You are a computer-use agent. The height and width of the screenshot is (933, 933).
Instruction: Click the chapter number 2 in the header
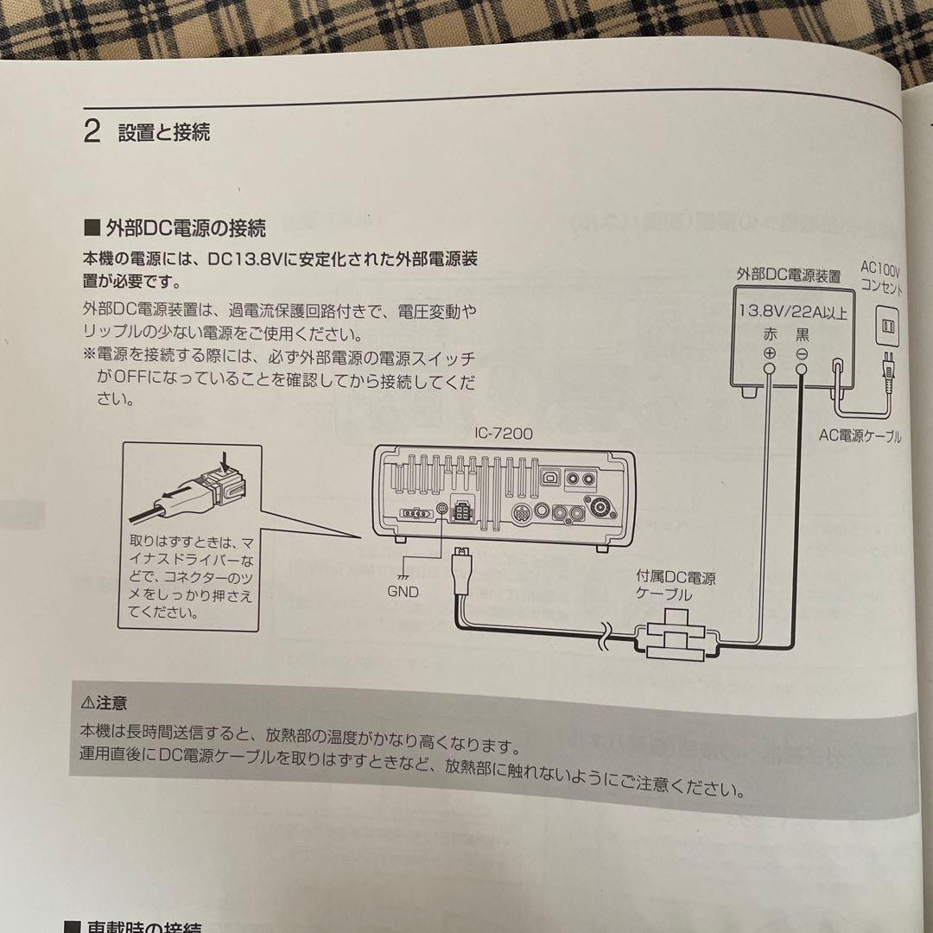(x=92, y=131)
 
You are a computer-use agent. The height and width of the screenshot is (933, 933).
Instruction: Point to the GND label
(x=403, y=592)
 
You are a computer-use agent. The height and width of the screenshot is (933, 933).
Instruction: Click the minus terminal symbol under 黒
(x=802, y=354)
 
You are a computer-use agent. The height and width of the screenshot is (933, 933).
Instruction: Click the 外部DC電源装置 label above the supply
(x=788, y=276)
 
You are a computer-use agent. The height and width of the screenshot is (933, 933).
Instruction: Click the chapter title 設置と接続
(x=164, y=132)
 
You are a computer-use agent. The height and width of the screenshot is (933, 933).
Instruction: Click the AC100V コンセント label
(x=880, y=278)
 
